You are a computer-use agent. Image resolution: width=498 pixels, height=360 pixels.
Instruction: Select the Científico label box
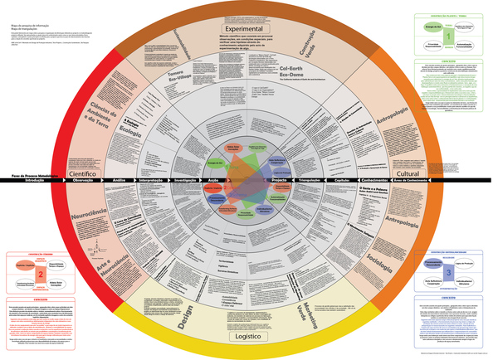84,173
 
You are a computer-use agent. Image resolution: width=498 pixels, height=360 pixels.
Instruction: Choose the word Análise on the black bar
119,181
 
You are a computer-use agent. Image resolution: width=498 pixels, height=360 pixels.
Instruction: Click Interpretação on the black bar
151,181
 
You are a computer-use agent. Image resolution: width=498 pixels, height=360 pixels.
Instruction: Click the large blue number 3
449,270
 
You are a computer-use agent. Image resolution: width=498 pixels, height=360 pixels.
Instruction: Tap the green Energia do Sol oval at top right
430,28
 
